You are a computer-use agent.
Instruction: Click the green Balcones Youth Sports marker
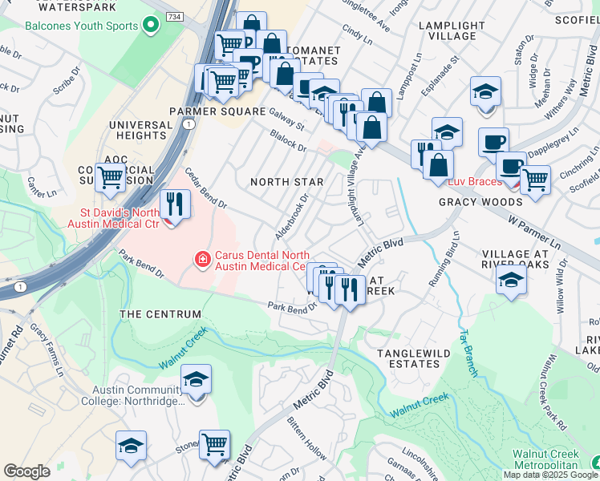[149, 25]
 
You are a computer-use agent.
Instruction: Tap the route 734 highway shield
[174, 16]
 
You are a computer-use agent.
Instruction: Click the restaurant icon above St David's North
[174, 203]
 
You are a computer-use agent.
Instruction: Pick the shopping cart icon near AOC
[109, 178]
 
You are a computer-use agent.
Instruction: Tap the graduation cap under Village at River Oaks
[510, 280]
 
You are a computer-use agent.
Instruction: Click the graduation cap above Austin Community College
[196, 380]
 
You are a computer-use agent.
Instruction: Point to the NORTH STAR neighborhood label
[286, 182]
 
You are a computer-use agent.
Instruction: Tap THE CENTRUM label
[152, 314]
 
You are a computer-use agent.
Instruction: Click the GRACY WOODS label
[480, 202]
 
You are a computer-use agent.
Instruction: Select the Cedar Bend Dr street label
[206, 188]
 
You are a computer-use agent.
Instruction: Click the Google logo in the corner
[26, 471]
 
